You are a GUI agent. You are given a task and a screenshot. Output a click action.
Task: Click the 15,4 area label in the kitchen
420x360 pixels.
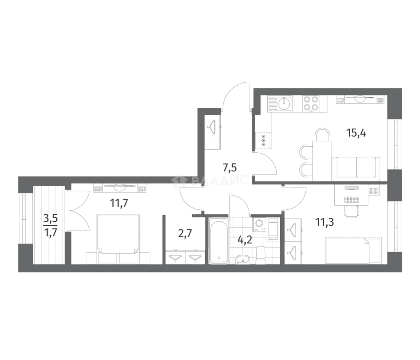point(356,134)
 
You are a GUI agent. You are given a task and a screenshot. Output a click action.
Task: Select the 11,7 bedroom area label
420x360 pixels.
point(119,203)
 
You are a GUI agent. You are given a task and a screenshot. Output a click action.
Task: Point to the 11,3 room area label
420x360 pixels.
point(325,222)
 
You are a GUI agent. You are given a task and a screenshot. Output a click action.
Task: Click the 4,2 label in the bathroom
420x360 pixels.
point(245,240)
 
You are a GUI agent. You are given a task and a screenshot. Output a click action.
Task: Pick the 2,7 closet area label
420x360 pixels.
point(185,234)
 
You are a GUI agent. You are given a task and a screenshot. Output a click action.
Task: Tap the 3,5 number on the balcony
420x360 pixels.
point(51,219)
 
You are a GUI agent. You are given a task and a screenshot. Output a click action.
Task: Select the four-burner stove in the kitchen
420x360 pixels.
point(310,103)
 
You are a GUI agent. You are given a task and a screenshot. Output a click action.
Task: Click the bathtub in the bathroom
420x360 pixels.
point(219,240)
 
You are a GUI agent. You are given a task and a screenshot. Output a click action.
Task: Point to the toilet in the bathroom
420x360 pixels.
point(261,256)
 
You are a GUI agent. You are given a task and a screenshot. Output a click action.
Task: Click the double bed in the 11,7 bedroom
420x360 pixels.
point(118,239)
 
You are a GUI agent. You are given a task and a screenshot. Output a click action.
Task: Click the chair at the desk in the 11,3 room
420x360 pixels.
point(352,211)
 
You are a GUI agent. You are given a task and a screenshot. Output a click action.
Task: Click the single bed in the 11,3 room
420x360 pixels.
point(353,250)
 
